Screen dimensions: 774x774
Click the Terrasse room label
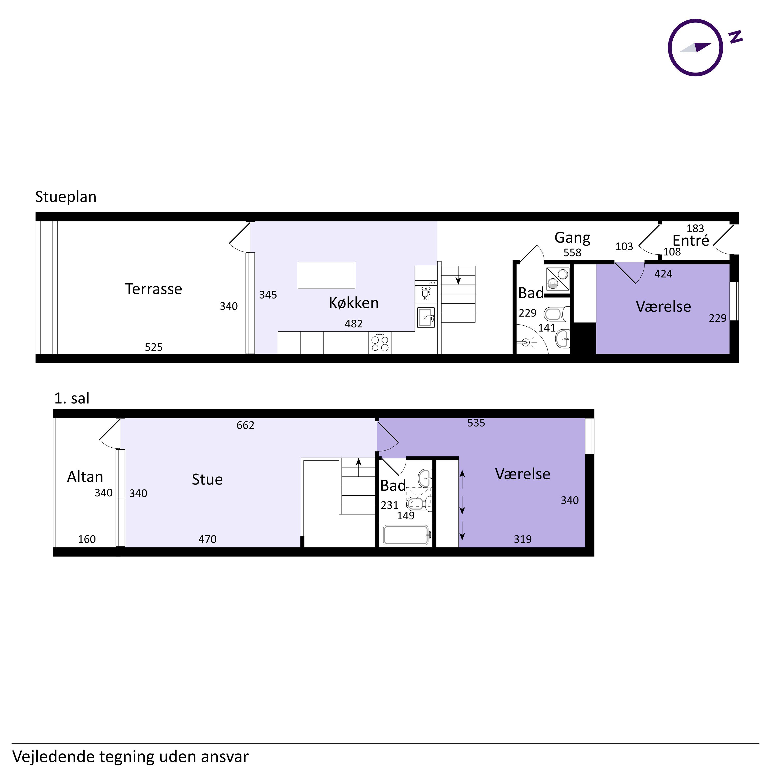click(x=154, y=289)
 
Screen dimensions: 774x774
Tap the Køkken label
click(x=354, y=303)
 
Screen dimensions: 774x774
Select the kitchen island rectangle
click(x=327, y=275)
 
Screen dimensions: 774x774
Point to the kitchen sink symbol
click(x=426, y=317)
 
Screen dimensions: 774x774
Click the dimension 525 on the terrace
click(x=154, y=347)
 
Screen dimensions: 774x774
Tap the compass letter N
click(x=736, y=37)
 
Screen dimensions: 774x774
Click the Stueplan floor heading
click(x=66, y=197)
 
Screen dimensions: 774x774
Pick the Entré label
click(x=691, y=240)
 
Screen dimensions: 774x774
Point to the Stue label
click(x=207, y=479)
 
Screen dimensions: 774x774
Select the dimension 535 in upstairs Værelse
click(x=476, y=423)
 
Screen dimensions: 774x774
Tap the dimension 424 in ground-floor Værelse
click(x=663, y=274)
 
